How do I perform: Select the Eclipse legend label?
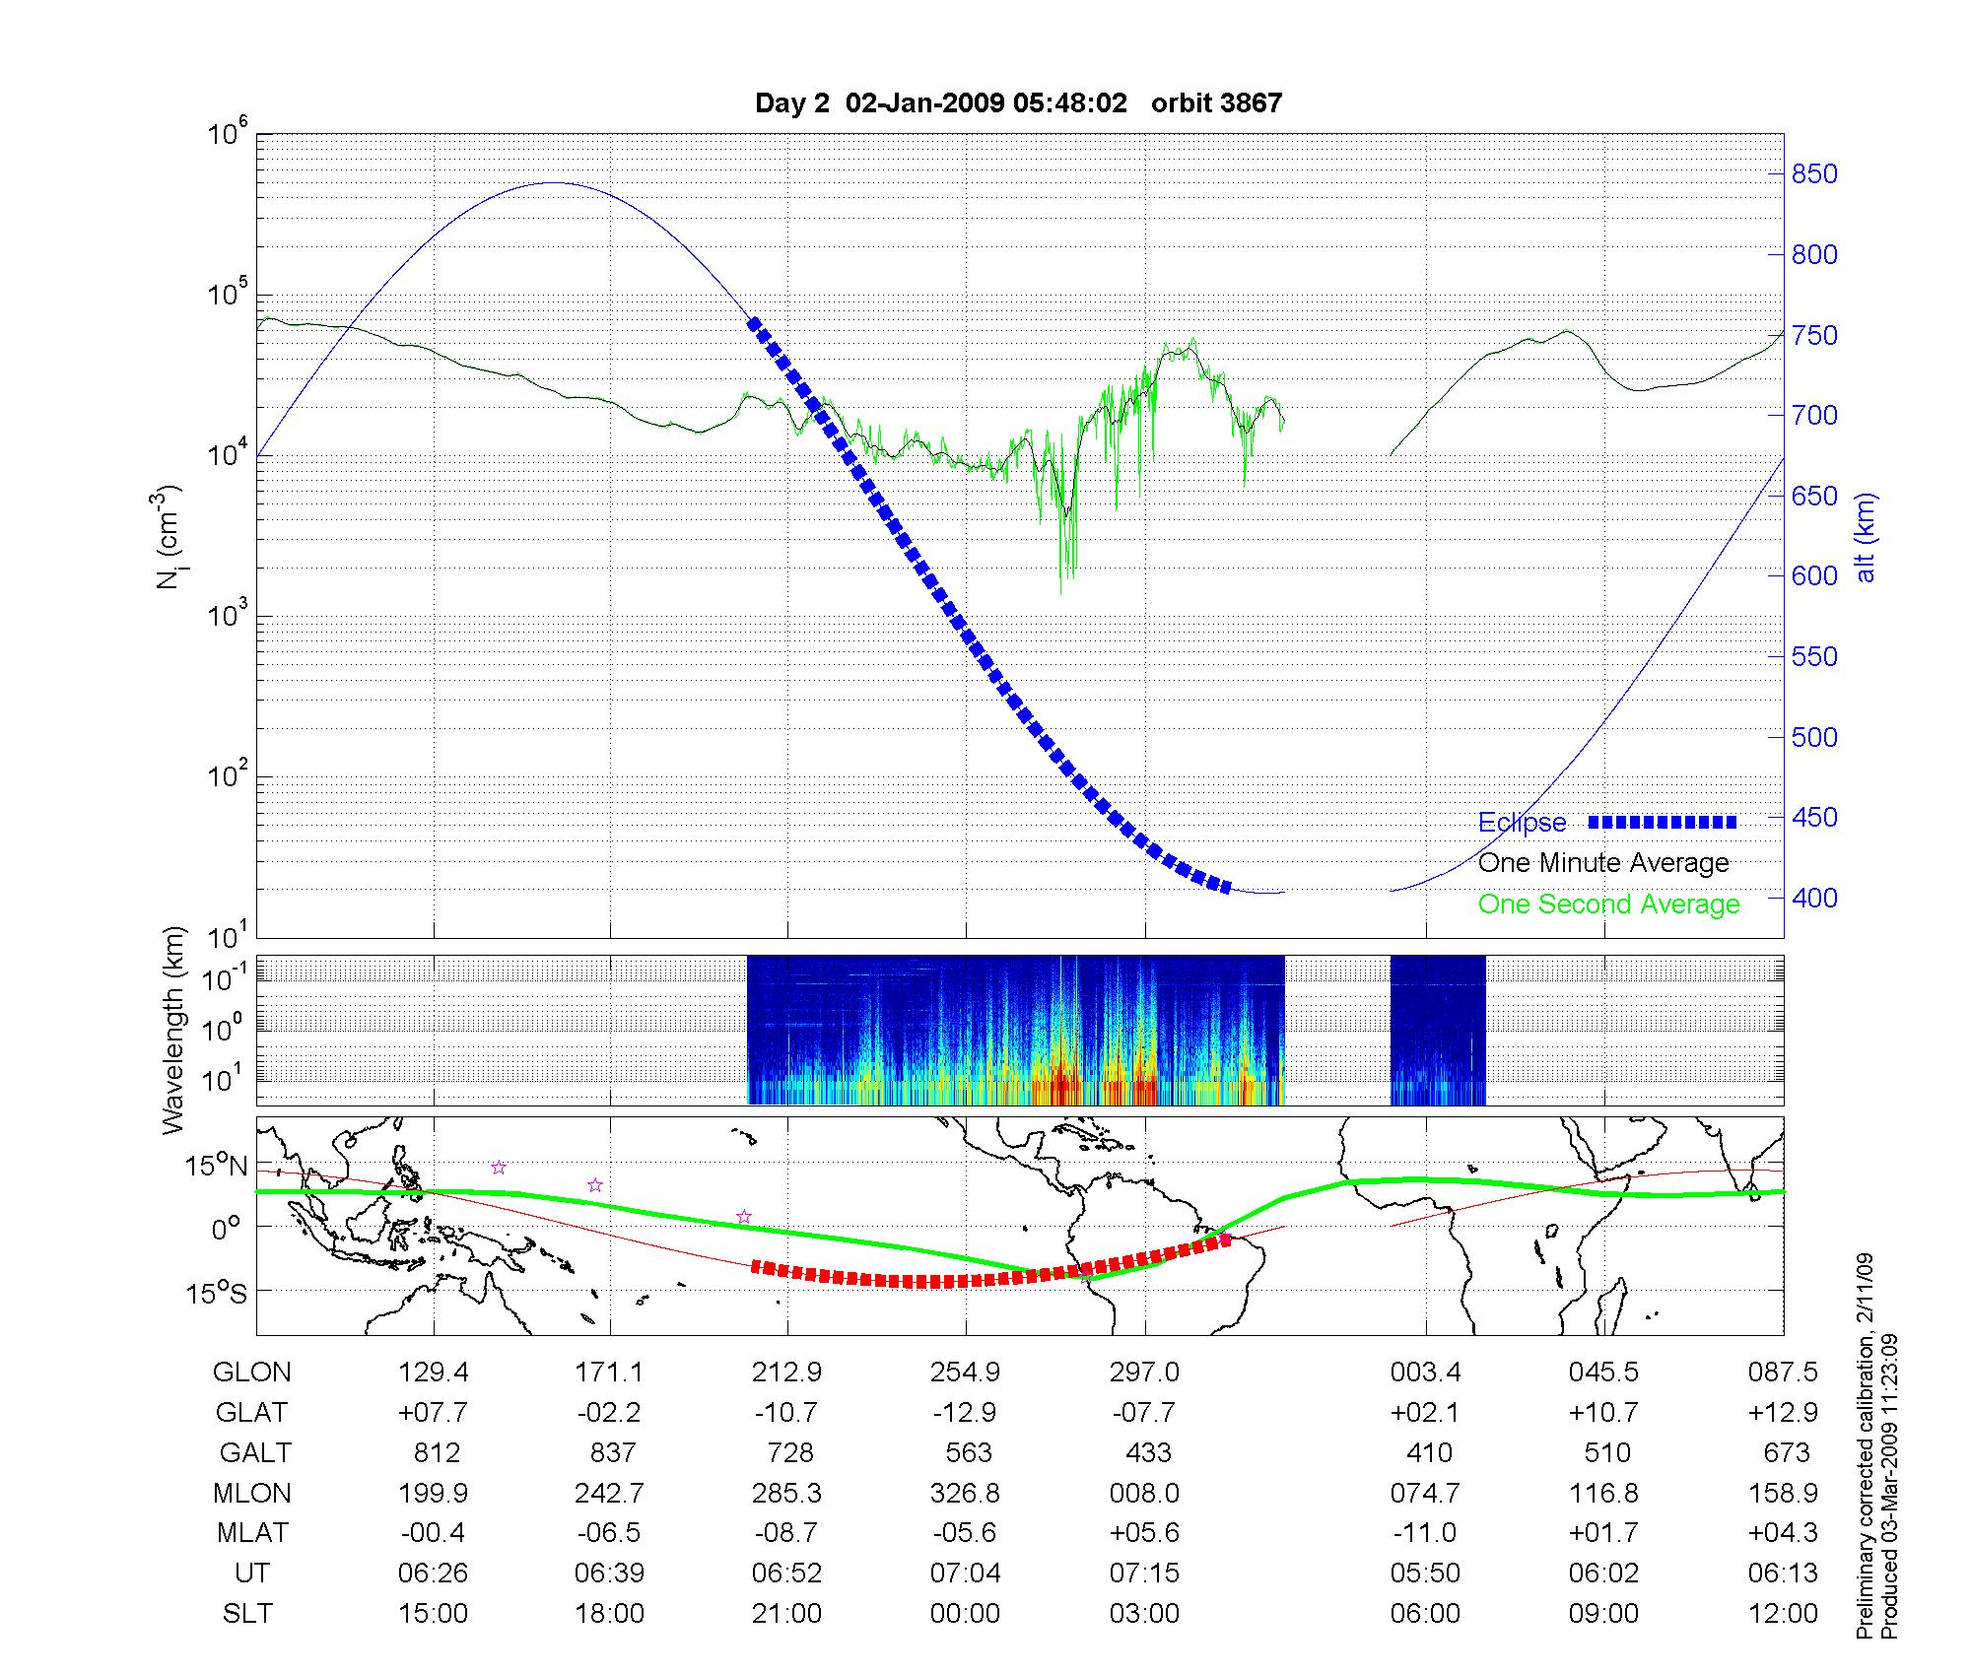1522,823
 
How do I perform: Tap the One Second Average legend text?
1608,904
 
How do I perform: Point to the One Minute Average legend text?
1603,863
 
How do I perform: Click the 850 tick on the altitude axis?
1815,174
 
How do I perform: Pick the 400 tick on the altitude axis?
1815,898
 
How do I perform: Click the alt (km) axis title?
1867,537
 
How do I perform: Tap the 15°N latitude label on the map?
215,1167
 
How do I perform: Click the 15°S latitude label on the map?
215,1293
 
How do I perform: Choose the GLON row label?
251,1373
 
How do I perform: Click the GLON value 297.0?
1145,1373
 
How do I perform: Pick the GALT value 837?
611,1453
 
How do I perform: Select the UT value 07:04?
966,1574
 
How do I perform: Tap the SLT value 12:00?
1783,1614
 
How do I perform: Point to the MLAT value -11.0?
1425,1533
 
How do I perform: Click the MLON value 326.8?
966,1494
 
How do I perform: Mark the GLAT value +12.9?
1783,1413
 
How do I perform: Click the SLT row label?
247,1614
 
